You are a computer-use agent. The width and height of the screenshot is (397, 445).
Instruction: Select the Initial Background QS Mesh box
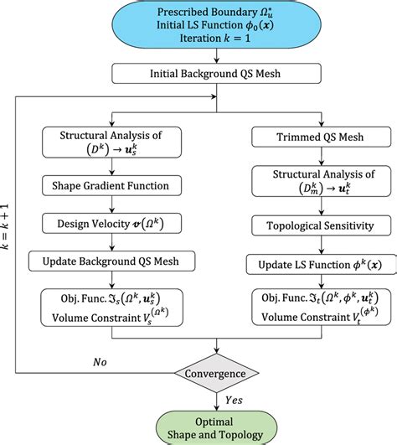click(214, 73)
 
